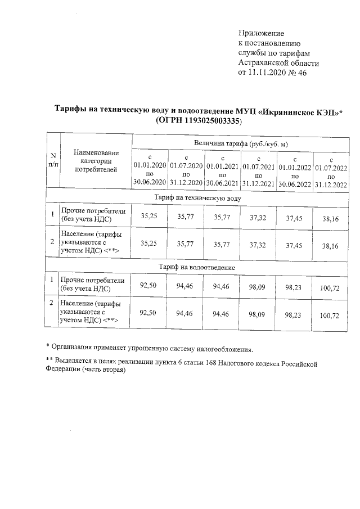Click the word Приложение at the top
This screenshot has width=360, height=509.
point(261,34)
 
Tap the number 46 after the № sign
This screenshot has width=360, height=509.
point(301,73)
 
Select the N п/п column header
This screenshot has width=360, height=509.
point(52,159)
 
